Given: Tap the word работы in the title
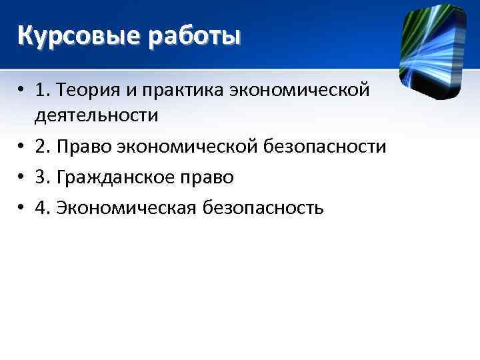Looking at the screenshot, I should pyautogui.click(x=195, y=35).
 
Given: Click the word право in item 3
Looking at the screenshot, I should pyautogui.click(x=211, y=177).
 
